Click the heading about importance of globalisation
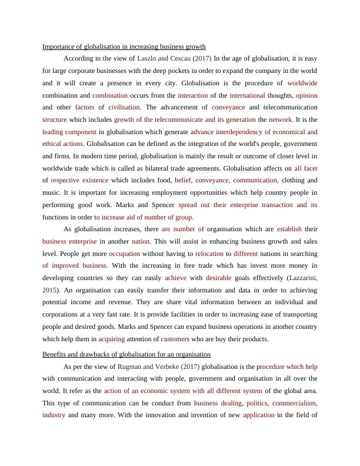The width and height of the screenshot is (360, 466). click(124, 46)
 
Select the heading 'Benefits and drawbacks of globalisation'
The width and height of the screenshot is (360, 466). click(126, 354)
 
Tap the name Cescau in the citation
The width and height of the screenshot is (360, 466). click(180, 58)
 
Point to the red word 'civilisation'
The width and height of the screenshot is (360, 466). click(124, 107)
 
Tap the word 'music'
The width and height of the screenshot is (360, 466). click(52, 192)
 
